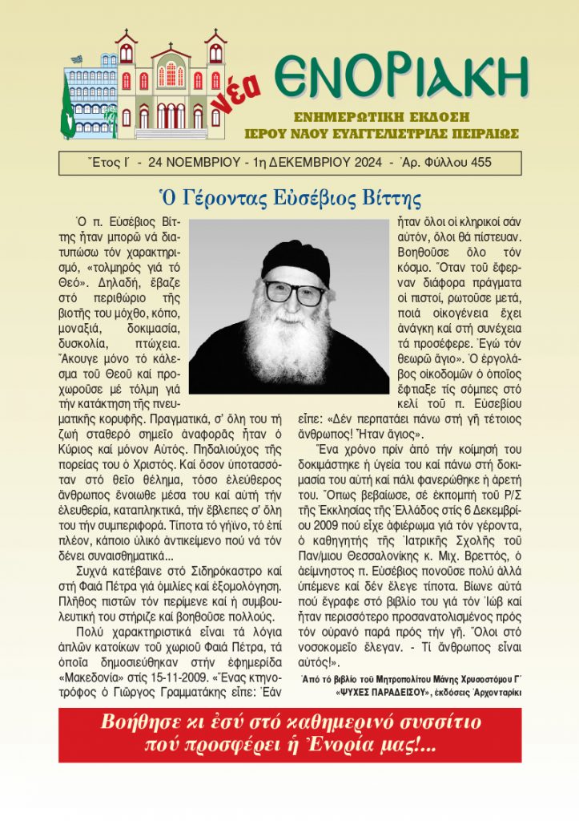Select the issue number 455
click(479, 163)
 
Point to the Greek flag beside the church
click(75, 60)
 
